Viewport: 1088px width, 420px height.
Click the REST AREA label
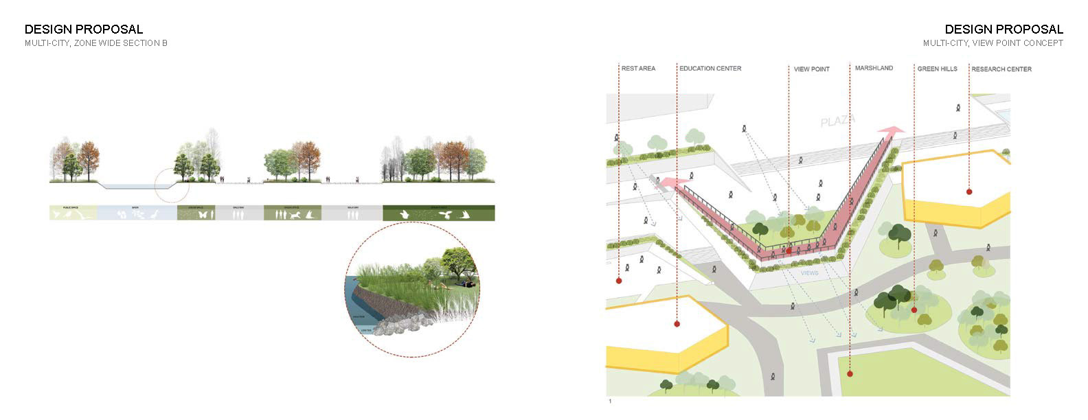click(x=638, y=69)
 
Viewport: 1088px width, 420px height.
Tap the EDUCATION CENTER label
click(x=710, y=69)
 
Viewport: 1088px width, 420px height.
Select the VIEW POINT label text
click(x=812, y=69)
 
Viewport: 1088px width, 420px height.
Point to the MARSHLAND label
click(x=874, y=69)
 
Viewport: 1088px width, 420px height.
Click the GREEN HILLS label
click(x=937, y=69)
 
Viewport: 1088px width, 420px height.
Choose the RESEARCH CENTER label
click(x=1001, y=69)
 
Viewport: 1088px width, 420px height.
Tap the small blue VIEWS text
click(x=809, y=273)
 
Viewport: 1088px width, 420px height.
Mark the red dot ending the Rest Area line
click(x=619, y=281)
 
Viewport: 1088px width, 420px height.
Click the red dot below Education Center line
click(x=677, y=324)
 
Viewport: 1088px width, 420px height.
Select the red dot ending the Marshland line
click(x=850, y=374)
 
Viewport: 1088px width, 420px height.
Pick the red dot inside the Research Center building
click(x=969, y=191)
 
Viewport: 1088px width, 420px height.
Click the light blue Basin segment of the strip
click(x=136, y=213)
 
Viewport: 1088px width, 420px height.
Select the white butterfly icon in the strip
click(x=203, y=215)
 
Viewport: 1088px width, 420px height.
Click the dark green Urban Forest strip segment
click(x=438, y=213)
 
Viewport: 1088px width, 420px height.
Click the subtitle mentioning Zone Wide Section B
click(x=96, y=43)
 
